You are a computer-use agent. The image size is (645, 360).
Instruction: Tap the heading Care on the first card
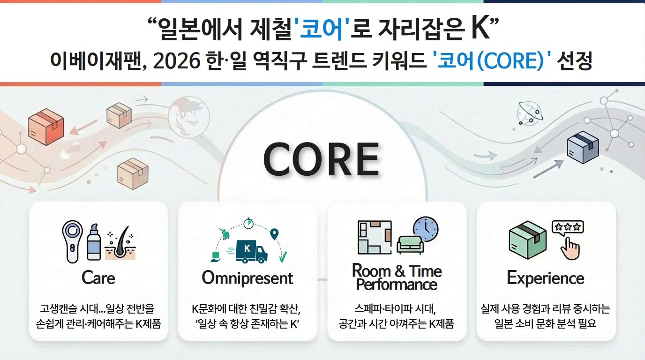coord(98,277)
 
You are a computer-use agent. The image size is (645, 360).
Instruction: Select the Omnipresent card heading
coord(247,278)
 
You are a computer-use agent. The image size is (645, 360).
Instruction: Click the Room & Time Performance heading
coord(397,277)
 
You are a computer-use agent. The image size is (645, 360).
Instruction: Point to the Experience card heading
coord(545,278)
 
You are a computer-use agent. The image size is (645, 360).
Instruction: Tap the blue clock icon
coord(426,229)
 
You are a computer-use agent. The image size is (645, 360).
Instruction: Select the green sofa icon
coord(410,244)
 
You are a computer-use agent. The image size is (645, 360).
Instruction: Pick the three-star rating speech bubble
coord(568,227)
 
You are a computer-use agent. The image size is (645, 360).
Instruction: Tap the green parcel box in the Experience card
coord(528,240)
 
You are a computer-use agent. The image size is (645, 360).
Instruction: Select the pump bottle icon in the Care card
coord(94,241)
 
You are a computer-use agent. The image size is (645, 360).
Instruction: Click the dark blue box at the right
coord(583,147)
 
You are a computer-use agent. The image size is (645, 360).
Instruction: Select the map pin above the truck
coord(274,233)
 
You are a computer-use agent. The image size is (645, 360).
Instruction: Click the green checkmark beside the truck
coord(283,256)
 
